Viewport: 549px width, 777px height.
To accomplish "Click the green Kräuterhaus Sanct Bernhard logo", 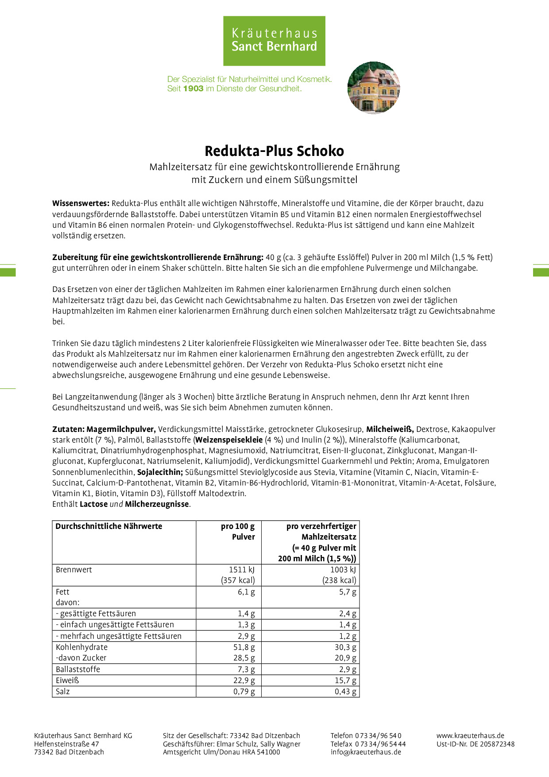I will [x=274, y=41].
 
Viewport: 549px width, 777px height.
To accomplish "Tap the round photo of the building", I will [x=373, y=88].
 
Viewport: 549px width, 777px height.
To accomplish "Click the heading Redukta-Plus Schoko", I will [x=274, y=151].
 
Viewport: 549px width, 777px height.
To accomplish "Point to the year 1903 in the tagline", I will [x=193, y=89].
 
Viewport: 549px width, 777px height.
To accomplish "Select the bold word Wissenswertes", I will [x=81, y=203].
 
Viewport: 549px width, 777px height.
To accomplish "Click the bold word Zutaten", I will [x=68, y=429].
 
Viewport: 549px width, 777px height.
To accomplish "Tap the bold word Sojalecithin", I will [x=160, y=472].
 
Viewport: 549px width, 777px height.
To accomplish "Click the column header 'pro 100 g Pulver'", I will [x=238, y=532].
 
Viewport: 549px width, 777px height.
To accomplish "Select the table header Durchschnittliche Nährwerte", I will [x=109, y=526].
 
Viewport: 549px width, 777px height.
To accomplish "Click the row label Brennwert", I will [x=74, y=570].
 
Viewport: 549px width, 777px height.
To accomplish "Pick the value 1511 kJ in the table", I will [x=242, y=570].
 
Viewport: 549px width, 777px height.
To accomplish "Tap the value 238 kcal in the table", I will [x=339, y=580].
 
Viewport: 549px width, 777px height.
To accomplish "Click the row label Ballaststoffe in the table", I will [x=78, y=669].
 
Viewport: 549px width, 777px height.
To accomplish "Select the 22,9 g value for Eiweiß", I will [x=244, y=680].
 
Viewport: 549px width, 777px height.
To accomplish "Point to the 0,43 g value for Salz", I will [x=345, y=692].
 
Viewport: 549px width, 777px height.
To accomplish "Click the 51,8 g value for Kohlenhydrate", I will [x=244, y=647].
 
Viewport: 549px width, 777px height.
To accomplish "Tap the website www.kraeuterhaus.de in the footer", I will [x=470, y=736].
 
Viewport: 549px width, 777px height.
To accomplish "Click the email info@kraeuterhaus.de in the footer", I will [x=366, y=752].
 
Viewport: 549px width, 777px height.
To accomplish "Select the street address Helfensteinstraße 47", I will [x=66, y=744].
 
